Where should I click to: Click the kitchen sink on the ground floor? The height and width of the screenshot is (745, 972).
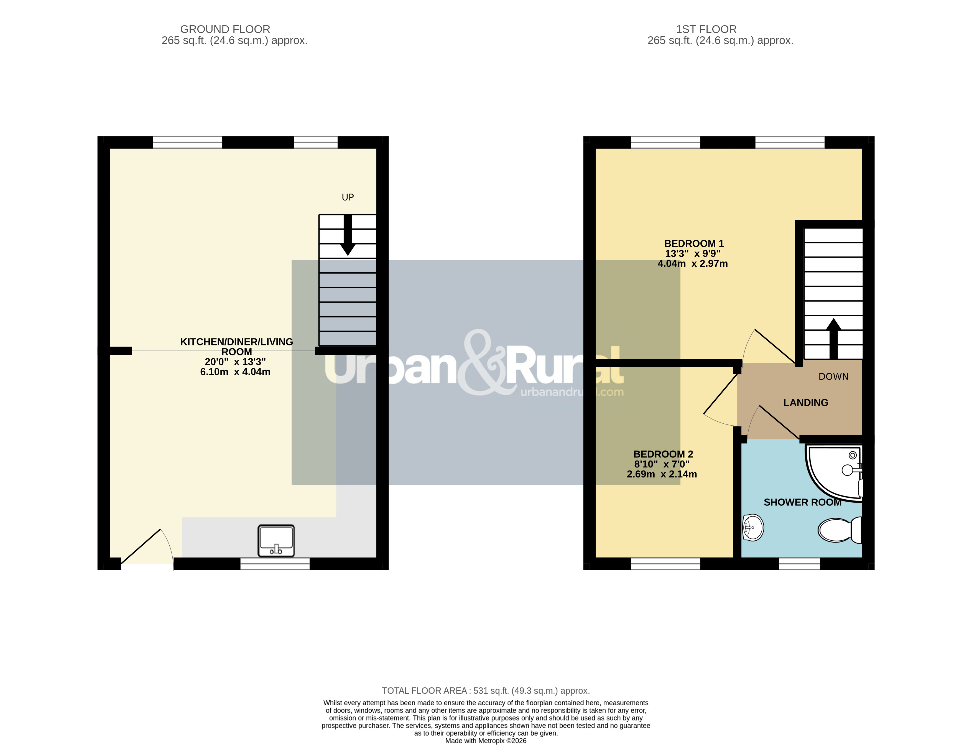tap(276, 541)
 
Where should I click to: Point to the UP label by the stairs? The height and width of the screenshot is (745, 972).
tap(348, 197)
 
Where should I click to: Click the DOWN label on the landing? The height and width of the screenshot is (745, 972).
tap(833, 377)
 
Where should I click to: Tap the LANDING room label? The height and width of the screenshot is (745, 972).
tap(806, 403)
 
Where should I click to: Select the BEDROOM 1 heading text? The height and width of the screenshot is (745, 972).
tap(694, 243)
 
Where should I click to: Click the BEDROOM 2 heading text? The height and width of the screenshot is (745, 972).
tap(663, 454)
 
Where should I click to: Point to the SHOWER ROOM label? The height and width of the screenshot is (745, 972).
tap(802, 502)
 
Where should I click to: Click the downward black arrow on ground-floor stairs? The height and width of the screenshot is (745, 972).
tap(348, 235)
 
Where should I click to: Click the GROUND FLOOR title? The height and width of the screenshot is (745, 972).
tap(225, 29)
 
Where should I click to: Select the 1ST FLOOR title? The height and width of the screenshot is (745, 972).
tap(706, 29)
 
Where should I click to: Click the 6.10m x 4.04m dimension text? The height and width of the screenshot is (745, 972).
tap(235, 372)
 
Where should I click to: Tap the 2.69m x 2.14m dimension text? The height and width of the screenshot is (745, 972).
tap(662, 474)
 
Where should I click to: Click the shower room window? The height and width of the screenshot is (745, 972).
tap(800, 564)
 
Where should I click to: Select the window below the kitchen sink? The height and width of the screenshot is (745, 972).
tap(275, 564)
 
